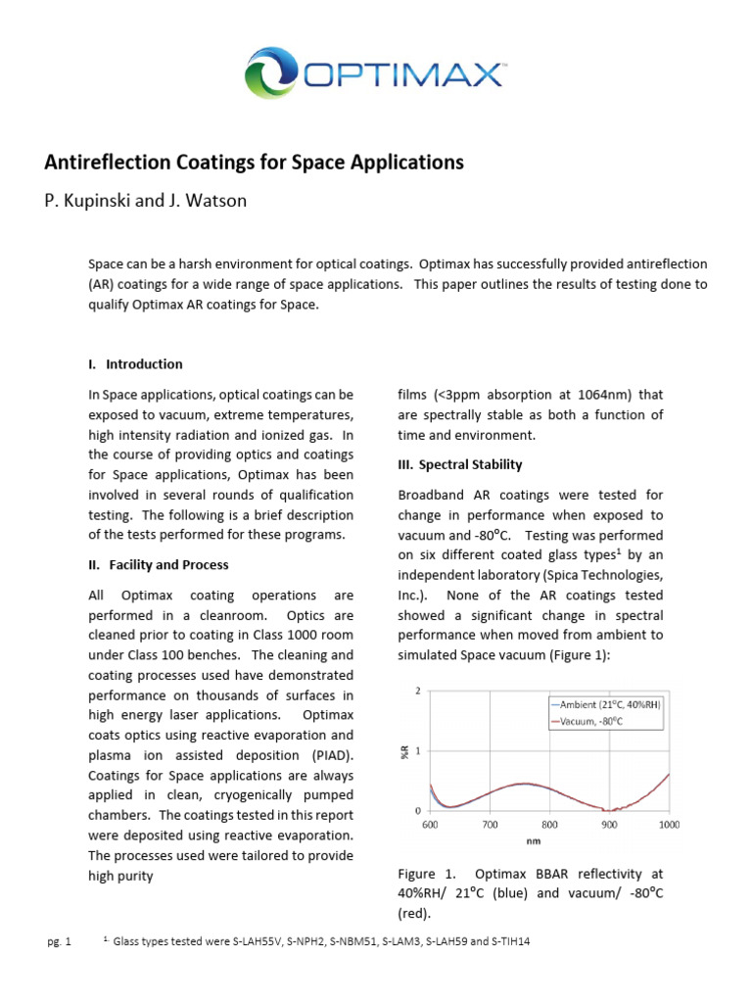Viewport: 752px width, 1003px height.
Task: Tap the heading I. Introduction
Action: (x=135, y=364)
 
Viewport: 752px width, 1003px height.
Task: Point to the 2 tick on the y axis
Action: (x=418, y=692)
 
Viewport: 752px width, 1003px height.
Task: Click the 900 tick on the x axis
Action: (x=609, y=825)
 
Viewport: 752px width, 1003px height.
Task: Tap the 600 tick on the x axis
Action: (x=430, y=825)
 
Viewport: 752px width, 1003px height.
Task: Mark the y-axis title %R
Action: (x=404, y=751)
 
